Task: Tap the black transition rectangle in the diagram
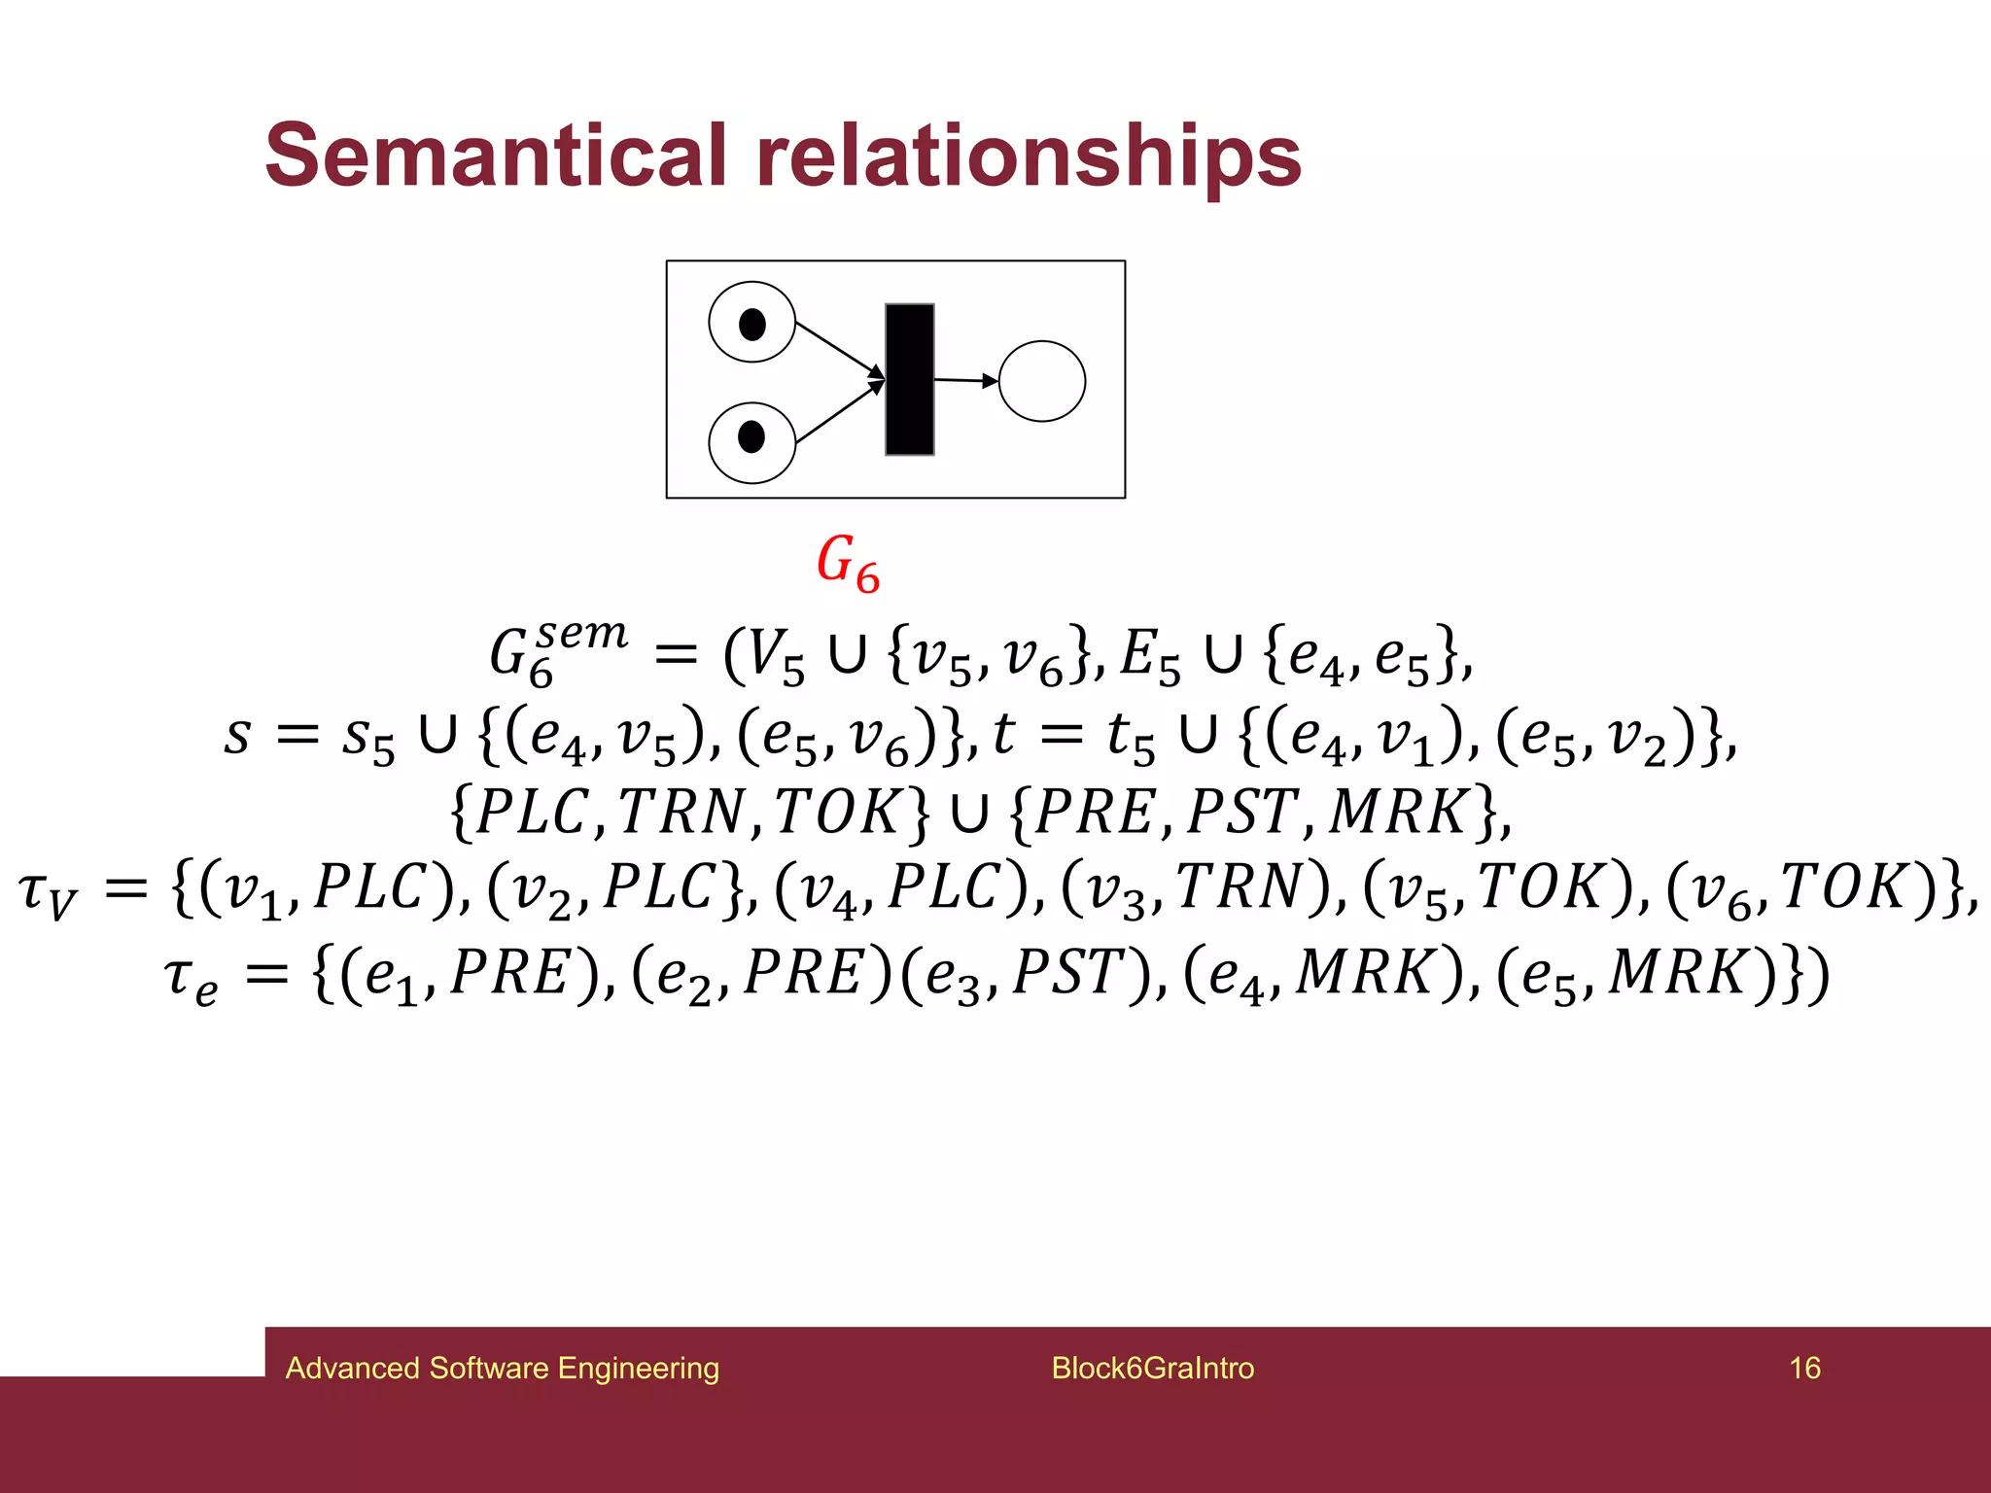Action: [909, 379]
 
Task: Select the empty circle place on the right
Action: [1041, 381]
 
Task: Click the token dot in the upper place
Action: [752, 324]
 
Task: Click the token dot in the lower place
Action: [751, 437]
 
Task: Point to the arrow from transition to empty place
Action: [964, 380]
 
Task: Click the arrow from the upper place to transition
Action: [838, 349]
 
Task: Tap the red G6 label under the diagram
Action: [848, 563]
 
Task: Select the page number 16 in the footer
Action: [1804, 1368]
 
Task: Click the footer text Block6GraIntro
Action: [1152, 1368]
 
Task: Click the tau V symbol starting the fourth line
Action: [47, 892]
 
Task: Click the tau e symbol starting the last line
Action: [191, 976]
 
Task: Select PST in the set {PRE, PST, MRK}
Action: [1240, 811]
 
